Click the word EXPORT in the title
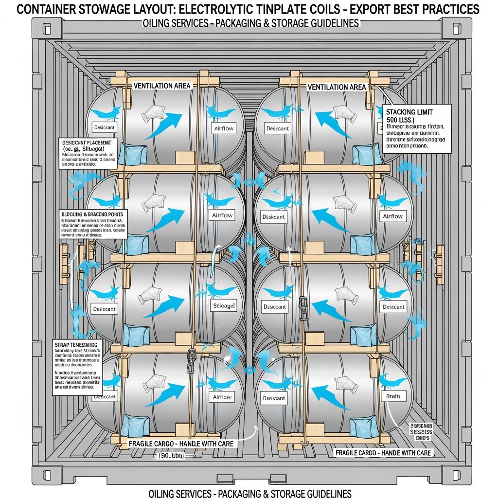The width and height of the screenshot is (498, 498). [374, 9]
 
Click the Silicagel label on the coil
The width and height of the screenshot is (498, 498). [224, 306]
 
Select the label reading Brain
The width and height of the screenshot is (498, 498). [392, 396]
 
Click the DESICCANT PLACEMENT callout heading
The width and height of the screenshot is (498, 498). [87, 142]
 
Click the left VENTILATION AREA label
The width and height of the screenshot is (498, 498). [162, 86]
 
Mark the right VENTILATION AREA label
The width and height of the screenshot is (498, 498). [337, 87]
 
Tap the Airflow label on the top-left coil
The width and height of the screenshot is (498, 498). [224, 128]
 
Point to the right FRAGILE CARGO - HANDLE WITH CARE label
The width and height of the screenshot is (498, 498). [384, 453]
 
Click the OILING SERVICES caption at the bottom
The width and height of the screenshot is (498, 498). [248, 493]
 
